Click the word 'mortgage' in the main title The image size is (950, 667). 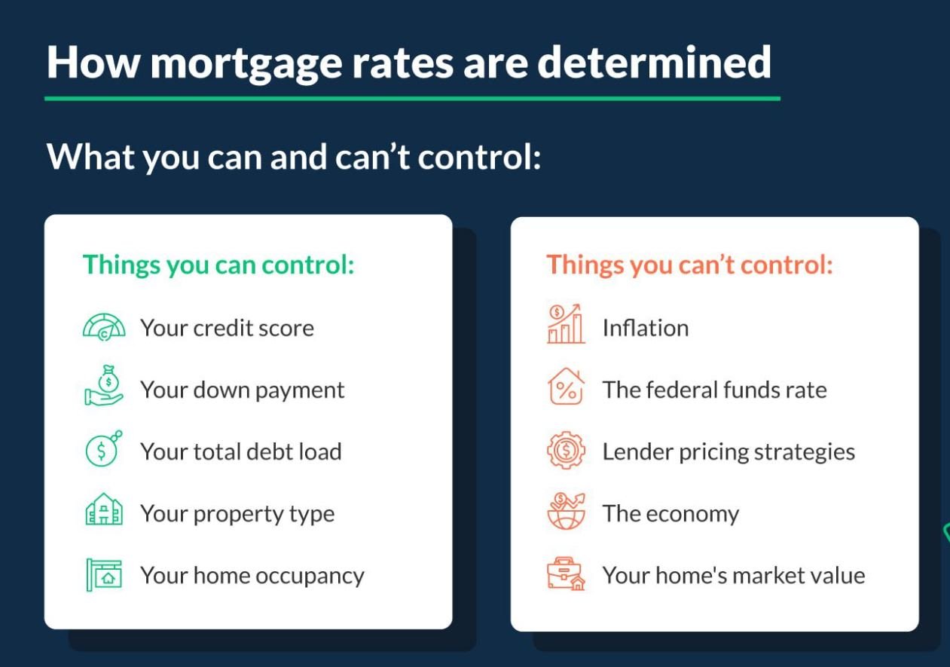(246, 63)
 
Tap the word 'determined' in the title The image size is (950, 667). (654, 62)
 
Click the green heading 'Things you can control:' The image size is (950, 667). (218, 265)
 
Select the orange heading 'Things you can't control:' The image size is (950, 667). (689, 265)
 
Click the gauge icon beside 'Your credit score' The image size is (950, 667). (104, 327)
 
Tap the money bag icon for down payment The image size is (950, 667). (104, 386)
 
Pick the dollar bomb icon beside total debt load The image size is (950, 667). (103, 449)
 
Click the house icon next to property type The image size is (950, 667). (104, 509)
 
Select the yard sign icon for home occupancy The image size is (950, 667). (104, 574)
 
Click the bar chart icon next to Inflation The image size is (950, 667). (566, 324)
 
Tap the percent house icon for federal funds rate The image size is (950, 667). (566, 386)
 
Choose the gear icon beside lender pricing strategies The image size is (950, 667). (566, 450)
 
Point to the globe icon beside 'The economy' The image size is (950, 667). (566, 511)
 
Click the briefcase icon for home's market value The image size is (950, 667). (566, 574)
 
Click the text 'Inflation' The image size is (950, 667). (646, 328)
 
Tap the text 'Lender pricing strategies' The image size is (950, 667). (729, 452)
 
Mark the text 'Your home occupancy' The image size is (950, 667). (252, 577)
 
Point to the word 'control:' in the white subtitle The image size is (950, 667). (480, 158)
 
